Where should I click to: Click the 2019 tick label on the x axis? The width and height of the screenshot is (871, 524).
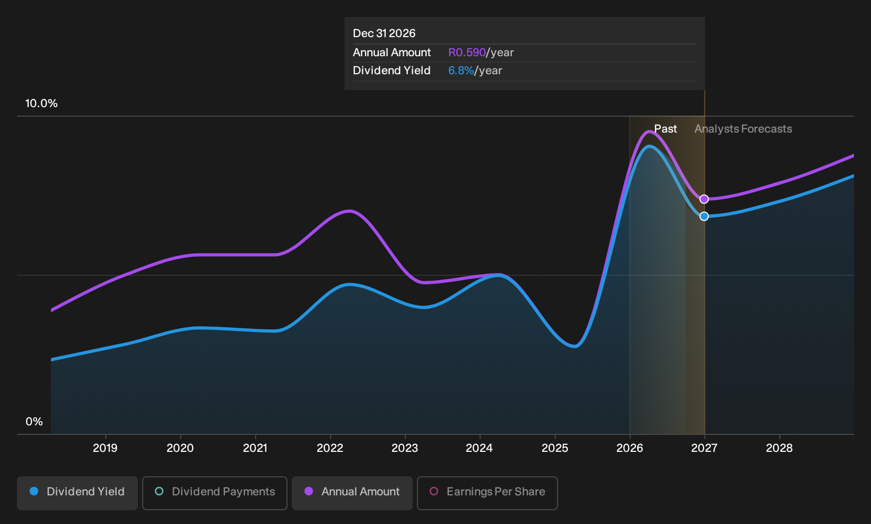[x=105, y=448]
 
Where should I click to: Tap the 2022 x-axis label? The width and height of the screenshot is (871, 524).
[x=330, y=448]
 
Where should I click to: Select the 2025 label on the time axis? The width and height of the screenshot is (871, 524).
[x=555, y=448]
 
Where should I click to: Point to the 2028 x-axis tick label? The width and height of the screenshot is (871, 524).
[x=779, y=448]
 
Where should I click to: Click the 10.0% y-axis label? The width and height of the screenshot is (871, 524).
[x=41, y=103]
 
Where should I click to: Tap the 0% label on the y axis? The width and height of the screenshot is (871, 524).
[x=34, y=422]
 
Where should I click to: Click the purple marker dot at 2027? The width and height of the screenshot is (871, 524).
[x=704, y=199]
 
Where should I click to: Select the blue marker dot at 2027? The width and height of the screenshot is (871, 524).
[x=704, y=216]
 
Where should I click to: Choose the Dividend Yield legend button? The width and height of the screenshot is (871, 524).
[x=77, y=493]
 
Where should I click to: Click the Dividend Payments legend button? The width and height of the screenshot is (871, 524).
[x=215, y=493]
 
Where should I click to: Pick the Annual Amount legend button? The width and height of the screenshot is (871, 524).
[x=352, y=493]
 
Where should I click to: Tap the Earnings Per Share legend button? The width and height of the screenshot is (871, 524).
[x=487, y=493]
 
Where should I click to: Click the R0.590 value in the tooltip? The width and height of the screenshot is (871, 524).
[x=467, y=53]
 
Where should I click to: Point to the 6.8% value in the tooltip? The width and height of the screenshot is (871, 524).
[x=461, y=71]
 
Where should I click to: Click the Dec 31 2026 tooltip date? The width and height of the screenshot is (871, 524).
[x=384, y=33]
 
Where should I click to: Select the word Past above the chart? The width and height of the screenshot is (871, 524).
[x=665, y=129]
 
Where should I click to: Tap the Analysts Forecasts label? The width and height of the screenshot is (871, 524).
[x=743, y=129]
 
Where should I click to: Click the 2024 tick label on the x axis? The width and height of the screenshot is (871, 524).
[x=480, y=448]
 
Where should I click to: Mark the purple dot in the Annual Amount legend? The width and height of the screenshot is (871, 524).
[x=308, y=491]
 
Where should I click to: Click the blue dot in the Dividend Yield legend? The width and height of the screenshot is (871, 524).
[x=34, y=491]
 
